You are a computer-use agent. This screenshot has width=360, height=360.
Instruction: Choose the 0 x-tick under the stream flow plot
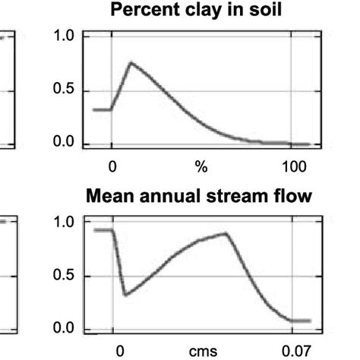point(120,352)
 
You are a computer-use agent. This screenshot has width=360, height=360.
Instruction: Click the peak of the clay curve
point(131,63)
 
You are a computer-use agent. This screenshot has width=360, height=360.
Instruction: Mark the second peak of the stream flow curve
point(226,233)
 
